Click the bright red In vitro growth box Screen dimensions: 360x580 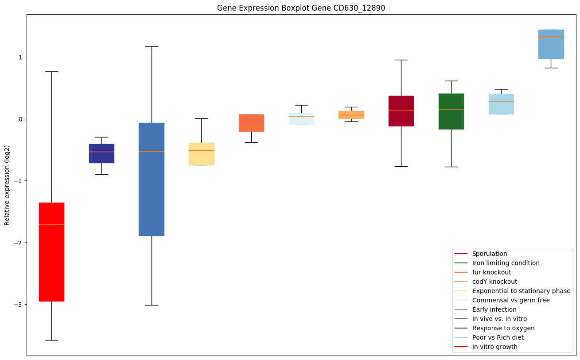(51, 251)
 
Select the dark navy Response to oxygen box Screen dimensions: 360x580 (101, 153)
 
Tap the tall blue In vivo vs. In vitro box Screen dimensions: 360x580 (152, 179)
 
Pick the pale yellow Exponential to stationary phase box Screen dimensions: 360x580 (201, 154)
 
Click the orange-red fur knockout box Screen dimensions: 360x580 (251, 123)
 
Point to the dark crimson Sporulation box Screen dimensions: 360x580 (401, 111)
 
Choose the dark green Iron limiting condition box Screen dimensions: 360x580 (451, 111)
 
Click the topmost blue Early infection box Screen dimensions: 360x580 (551, 44)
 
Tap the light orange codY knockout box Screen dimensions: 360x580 (351, 114)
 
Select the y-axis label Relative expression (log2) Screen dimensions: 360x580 (7, 185)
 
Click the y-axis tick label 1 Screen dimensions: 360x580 (20, 57)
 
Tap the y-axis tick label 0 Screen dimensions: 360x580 (20, 119)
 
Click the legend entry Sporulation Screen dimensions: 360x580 (489, 254)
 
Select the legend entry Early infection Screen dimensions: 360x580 (494, 309)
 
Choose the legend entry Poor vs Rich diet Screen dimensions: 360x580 (498, 337)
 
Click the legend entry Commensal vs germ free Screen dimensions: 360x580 (510, 300)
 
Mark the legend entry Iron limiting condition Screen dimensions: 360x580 (506, 263)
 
